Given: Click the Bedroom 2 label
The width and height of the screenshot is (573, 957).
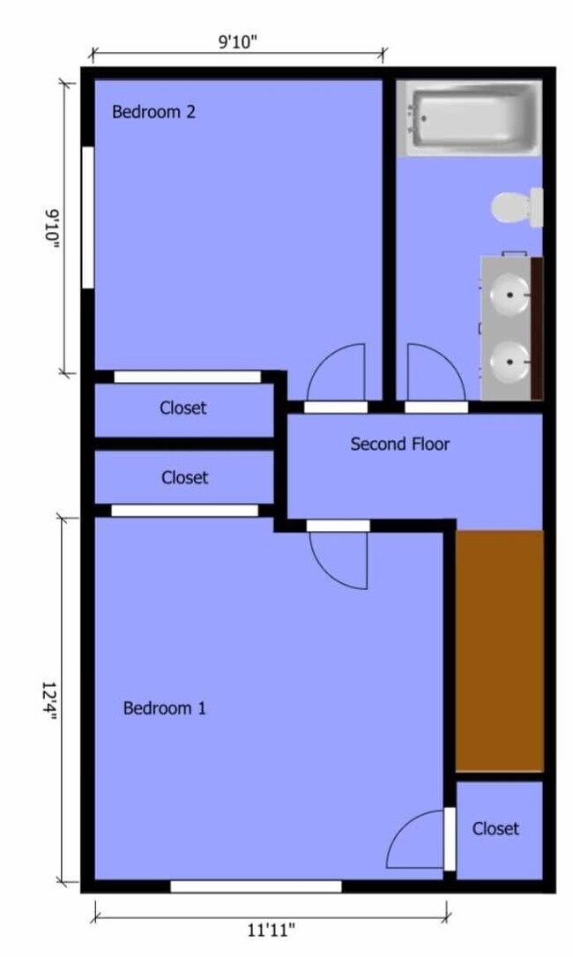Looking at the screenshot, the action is point(153,112).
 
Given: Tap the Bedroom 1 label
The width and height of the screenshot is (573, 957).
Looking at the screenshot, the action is point(165,708).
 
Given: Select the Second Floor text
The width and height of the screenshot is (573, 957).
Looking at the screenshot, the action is point(399,444).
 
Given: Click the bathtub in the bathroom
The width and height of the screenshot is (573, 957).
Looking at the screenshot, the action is point(469,118).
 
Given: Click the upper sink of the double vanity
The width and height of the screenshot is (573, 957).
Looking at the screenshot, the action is point(510,295).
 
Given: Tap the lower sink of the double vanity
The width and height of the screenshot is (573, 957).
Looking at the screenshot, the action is point(510,362).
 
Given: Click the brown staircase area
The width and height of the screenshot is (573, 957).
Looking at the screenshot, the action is point(499,651).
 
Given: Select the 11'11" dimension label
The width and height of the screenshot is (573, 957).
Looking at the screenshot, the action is point(271,931).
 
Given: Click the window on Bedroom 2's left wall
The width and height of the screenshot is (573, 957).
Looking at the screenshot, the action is point(88,217).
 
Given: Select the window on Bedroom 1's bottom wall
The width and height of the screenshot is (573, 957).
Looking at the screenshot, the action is point(256,886).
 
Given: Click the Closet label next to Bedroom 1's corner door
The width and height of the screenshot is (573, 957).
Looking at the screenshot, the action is point(495,828).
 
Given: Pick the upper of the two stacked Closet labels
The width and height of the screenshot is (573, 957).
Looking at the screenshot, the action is point(183,407).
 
